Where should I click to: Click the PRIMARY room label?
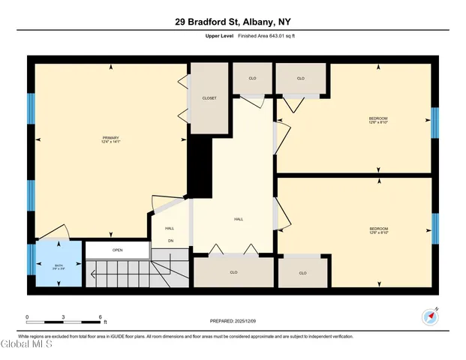[111, 137]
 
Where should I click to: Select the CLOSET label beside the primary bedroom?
[209, 98]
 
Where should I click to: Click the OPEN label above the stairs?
[118, 250]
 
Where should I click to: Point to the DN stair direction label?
[170, 241]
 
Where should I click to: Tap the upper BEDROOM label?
[377, 118]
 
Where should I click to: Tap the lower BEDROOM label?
[377, 229]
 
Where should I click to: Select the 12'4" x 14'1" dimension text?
[111, 142]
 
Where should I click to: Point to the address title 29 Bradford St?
[233, 22]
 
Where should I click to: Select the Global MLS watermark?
[26, 346]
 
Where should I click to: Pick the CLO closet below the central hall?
[233, 272]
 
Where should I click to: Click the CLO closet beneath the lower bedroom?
[302, 273]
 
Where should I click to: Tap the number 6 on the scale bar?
[100, 317]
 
